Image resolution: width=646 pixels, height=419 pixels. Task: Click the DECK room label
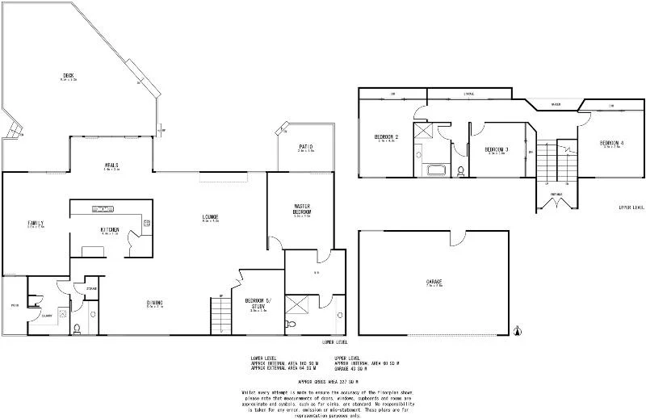(x=69, y=77)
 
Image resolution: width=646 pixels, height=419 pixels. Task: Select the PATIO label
(x=305, y=146)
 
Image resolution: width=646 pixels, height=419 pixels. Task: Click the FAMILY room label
(x=36, y=224)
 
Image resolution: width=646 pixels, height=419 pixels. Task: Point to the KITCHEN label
(x=110, y=230)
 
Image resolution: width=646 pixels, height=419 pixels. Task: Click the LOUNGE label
(x=211, y=216)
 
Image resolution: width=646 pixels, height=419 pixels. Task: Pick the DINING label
(x=155, y=303)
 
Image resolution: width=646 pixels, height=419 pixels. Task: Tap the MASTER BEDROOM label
(x=303, y=210)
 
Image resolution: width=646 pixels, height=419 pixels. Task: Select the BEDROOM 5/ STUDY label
(x=259, y=304)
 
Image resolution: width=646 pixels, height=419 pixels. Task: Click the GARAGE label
(x=434, y=282)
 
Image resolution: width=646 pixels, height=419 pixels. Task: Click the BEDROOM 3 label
(x=496, y=149)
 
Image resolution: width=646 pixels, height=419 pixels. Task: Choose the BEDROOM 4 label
(x=611, y=144)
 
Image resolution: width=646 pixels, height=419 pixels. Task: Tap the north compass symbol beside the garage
(x=518, y=328)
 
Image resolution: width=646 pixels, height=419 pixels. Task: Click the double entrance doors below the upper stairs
(x=558, y=202)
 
